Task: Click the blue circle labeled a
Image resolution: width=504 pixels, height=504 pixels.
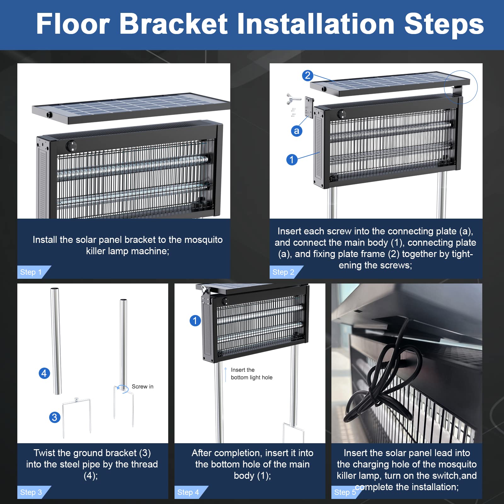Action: point(296,131)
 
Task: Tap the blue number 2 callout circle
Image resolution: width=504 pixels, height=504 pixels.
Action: point(308,76)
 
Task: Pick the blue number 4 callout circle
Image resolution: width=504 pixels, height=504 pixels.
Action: point(44,373)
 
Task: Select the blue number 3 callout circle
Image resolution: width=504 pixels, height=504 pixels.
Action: point(55,417)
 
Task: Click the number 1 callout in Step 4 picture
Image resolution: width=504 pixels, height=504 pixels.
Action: point(195,321)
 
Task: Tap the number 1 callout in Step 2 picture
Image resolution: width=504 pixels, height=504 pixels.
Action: point(292,159)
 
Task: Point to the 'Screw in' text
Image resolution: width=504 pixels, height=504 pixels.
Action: point(142,387)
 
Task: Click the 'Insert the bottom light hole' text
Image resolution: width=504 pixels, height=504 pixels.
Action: point(252,374)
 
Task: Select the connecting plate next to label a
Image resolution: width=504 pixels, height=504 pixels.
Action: point(309,107)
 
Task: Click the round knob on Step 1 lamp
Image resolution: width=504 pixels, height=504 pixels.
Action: point(72,146)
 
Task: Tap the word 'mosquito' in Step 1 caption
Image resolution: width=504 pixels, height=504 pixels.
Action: point(203,240)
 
